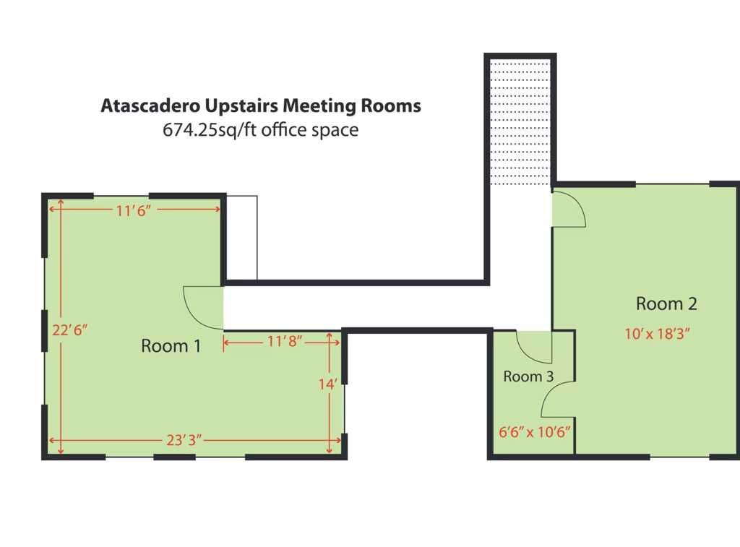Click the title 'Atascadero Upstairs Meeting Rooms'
(261, 105)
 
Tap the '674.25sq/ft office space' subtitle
(260, 130)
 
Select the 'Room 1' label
(171, 346)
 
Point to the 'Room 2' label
(666, 303)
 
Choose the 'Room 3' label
(528, 376)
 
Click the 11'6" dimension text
(134, 210)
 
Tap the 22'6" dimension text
(70, 330)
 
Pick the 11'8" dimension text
(285, 341)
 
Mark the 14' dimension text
(327, 384)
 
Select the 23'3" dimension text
(184, 440)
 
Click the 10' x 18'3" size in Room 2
(658, 334)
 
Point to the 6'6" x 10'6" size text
(535, 431)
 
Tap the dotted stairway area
(520, 122)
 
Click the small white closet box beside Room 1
(241, 238)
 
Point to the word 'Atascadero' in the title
(150, 105)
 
